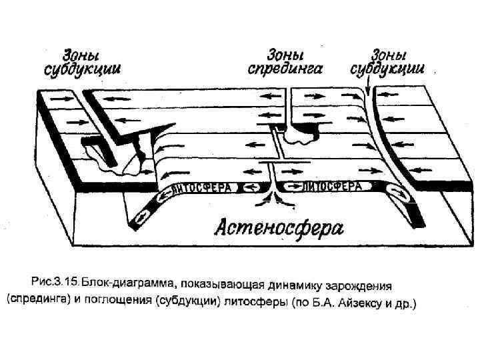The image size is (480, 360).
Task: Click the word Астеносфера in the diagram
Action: click(278, 229)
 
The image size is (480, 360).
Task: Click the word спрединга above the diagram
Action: click(285, 68)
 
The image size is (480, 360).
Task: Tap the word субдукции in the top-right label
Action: click(389, 68)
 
